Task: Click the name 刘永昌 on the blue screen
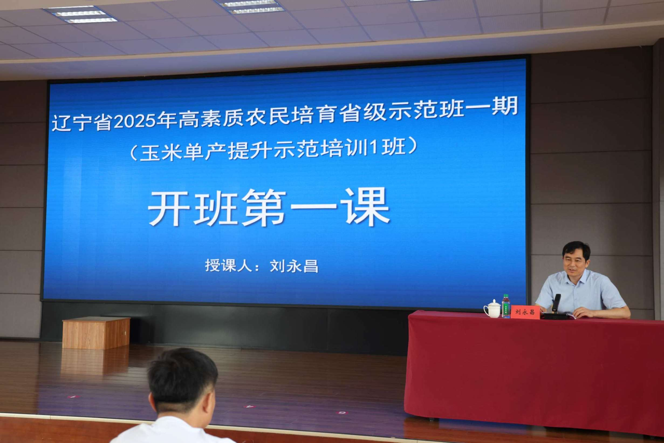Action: click(294, 266)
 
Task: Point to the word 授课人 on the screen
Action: click(229, 265)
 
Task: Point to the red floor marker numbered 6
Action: click(341, 413)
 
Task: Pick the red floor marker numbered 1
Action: click(73, 397)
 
